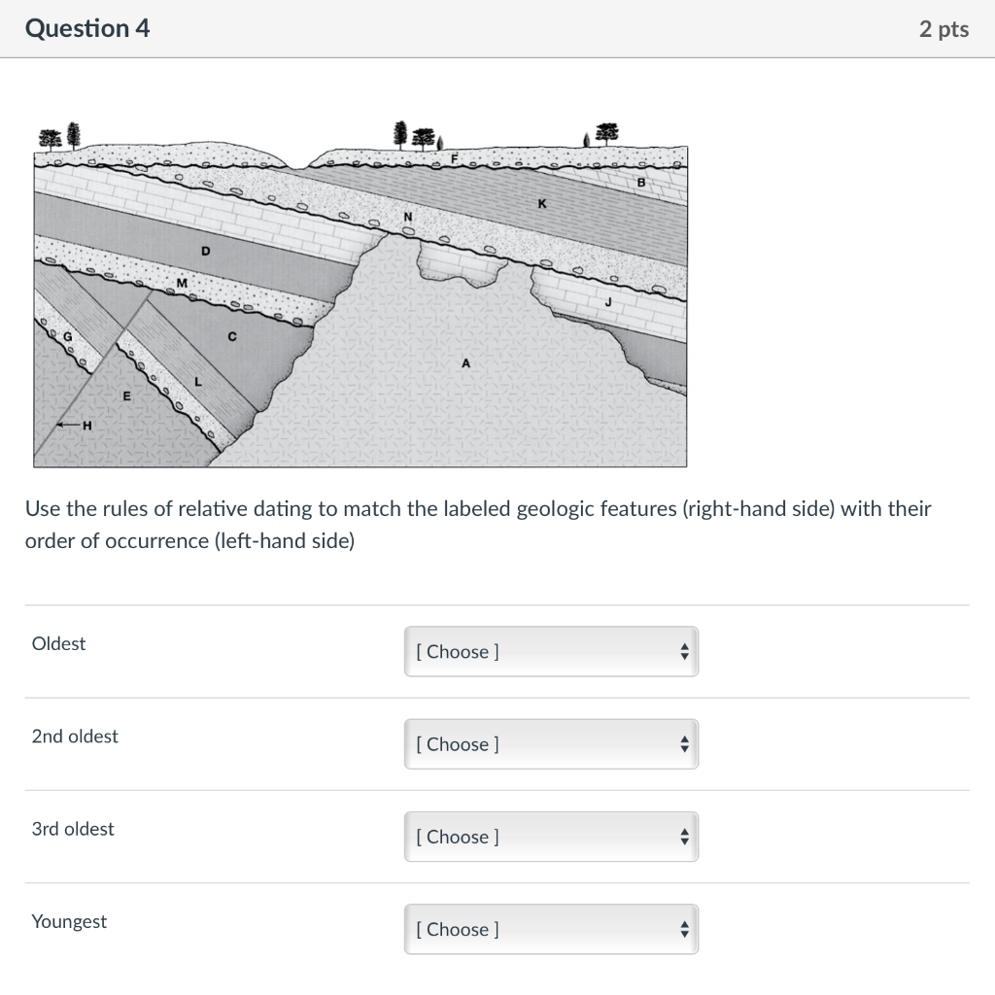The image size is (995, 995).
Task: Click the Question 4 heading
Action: coord(87,29)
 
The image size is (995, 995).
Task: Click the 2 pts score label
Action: coord(943,29)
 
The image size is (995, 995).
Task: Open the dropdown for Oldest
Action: coord(551,652)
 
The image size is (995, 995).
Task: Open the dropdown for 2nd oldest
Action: coord(551,744)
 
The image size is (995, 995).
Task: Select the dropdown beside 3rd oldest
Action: coord(551,837)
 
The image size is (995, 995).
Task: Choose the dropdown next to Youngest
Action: coord(551,929)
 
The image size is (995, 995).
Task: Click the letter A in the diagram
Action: coord(465,363)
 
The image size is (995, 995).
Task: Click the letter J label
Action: coord(608,302)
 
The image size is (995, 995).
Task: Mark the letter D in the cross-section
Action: coord(205,251)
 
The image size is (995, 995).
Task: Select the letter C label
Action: coord(231,337)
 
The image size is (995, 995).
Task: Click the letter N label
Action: coord(408,215)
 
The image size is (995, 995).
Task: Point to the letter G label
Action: coord(67,336)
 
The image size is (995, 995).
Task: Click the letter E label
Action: coord(125,395)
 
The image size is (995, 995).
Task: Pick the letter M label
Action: coord(181,283)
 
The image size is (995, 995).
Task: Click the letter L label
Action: coord(198,382)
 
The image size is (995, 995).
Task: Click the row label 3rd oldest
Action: coord(73,829)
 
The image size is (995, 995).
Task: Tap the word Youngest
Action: coord(69,921)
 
